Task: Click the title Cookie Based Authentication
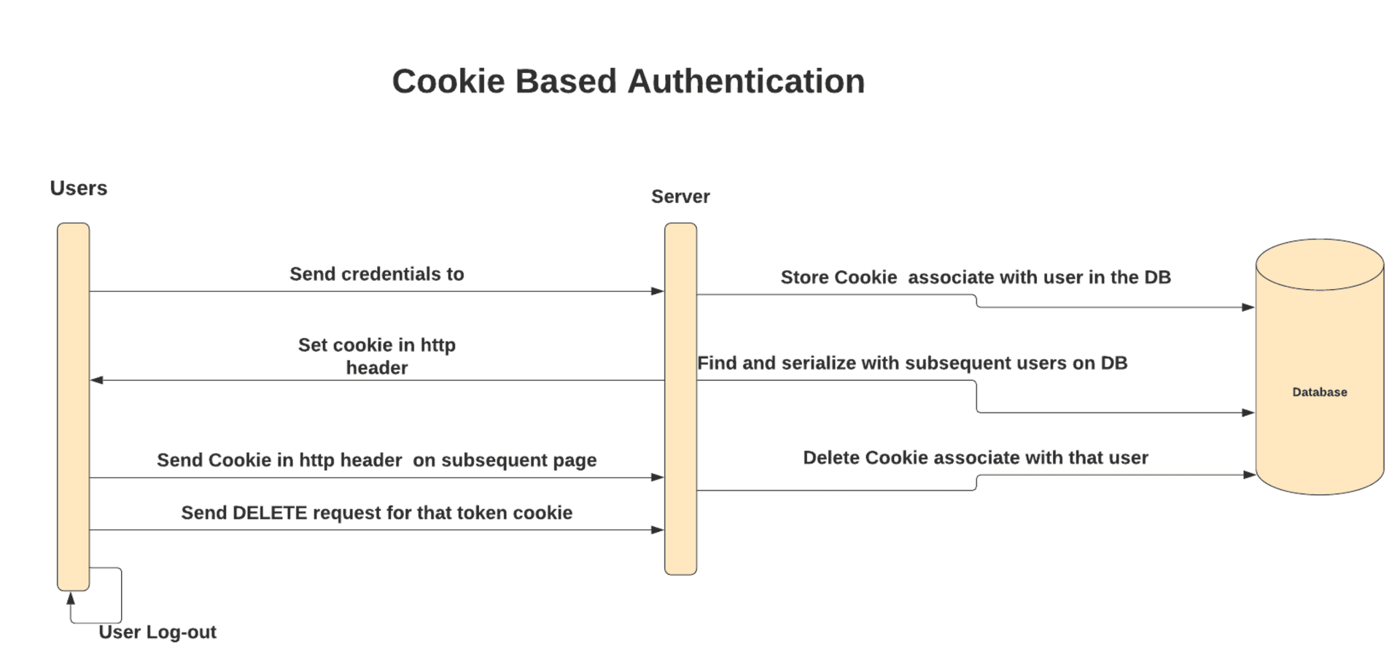coord(628,81)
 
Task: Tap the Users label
coord(78,188)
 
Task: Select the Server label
coord(680,196)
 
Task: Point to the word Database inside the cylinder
coord(1319,392)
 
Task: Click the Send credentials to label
coord(376,274)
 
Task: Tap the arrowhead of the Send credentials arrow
coord(658,291)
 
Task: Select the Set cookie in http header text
coord(376,355)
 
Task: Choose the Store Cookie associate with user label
coord(975,277)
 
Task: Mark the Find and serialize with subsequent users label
coord(911,363)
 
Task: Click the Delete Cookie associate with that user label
coord(975,458)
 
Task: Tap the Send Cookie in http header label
coord(376,460)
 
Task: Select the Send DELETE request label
coord(376,512)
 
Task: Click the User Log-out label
coord(157,632)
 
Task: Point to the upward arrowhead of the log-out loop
coord(71,598)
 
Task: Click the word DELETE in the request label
coord(270,512)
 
